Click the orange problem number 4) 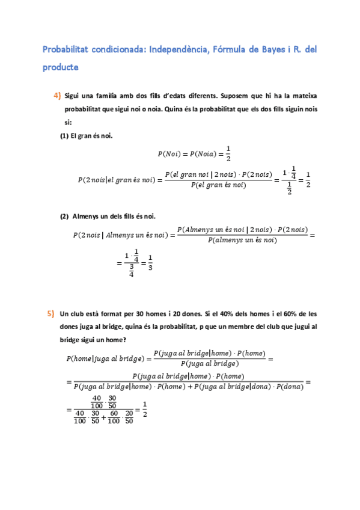click(x=57, y=96)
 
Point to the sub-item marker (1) click(x=64, y=136)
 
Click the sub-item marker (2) click(x=64, y=216)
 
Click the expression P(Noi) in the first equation click(x=170, y=154)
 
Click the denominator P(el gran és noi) click(x=218, y=185)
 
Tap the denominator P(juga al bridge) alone click(x=209, y=363)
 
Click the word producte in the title click(x=60, y=67)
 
